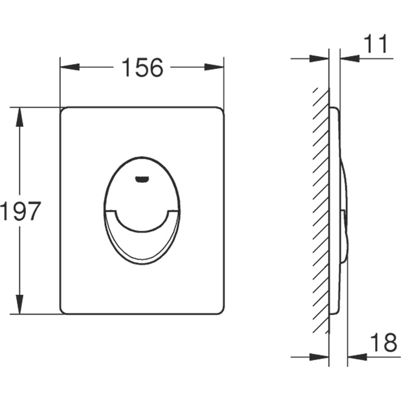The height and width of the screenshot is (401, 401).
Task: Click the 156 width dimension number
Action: coord(142,67)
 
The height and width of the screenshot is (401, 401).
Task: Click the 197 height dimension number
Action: coord(21,211)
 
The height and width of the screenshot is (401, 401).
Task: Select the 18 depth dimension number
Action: coord(383,343)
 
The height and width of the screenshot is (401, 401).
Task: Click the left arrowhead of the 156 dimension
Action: coord(70,67)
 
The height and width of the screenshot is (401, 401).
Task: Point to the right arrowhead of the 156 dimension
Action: coord(214,67)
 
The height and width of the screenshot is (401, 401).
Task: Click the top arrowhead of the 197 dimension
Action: coord(19,117)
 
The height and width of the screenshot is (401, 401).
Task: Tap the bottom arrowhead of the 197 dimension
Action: coord(19,304)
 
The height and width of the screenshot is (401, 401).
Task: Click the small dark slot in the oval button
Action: coord(142,179)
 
